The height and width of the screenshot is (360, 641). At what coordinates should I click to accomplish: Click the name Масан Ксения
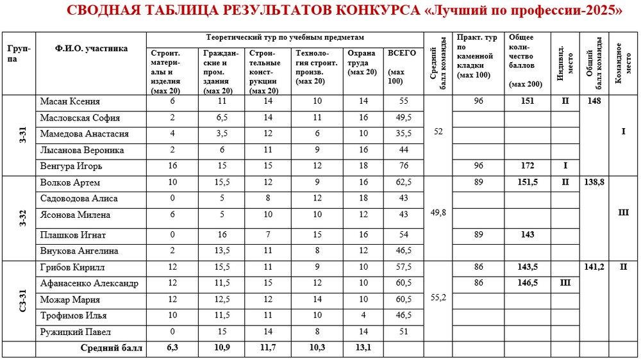(70, 102)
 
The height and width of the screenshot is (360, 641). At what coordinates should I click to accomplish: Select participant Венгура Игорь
(71, 167)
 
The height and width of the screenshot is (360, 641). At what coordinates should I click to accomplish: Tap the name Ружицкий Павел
(75, 332)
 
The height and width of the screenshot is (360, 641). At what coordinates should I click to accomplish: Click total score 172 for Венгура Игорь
(528, 166)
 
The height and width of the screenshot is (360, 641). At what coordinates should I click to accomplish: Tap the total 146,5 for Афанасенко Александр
(528, 283)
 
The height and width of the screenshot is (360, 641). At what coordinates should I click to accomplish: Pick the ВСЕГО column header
(402, 54)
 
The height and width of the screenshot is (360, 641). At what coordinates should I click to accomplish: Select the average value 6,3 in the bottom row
(172, 348)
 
